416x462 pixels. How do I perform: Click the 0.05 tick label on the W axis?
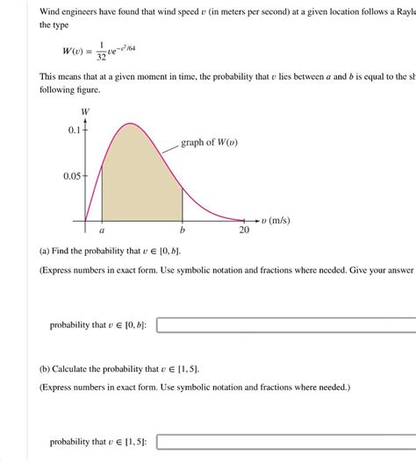pyautogui.click(x=70, y=176)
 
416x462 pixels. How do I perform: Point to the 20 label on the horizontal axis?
pyautogui.click(x=244, y=231)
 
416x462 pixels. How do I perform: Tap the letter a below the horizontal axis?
pyautogui.click(x=102, y=231)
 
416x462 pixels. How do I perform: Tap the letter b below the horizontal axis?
pyautogui.click(x=183, y=231)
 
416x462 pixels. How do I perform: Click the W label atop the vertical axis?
pyautogui.click(x=85, y=112)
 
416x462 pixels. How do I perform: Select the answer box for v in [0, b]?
pyautogui.click(x=286, y=325)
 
